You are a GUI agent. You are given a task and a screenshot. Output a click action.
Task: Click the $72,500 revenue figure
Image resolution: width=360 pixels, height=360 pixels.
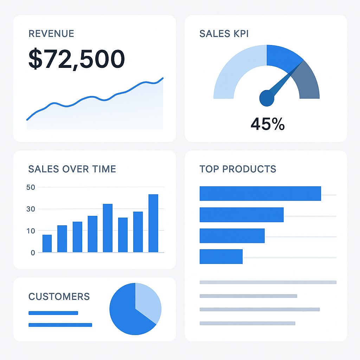(x=76, y=59)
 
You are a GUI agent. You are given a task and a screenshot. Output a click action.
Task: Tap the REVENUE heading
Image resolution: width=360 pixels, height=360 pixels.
(x=51, y=34)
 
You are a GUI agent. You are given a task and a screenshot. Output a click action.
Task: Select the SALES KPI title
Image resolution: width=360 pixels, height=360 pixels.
(x=224, y=34)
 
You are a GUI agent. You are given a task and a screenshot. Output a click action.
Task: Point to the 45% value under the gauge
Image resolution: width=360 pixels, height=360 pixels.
(x=268, y=124)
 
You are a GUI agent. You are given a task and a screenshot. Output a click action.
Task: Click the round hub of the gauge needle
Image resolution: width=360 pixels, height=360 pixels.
(x=267, y=98)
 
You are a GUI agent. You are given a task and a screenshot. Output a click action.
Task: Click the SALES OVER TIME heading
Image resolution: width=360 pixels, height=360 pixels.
(x=72, y=169)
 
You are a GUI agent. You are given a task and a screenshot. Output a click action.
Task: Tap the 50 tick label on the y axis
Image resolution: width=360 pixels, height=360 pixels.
(x=31, y=187)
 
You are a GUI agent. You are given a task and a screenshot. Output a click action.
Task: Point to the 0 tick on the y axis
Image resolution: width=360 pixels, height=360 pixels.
(x=33, y=252)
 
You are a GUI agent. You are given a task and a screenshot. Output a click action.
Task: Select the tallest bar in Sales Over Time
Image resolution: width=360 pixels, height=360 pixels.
(x=153, y=223)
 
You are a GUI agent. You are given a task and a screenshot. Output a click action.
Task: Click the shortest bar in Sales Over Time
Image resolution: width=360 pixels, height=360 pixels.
(x=47, y=243)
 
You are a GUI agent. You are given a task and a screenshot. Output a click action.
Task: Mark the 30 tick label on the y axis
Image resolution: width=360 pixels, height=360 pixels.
(x=31, y=209)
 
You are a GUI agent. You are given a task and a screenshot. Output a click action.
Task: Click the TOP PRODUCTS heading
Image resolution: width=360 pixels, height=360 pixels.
(x=238, y=169)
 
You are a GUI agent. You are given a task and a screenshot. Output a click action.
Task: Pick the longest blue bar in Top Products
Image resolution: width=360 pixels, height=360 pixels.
(x=260, y=193)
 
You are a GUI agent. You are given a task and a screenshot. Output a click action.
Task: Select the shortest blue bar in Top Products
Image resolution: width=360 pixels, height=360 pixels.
(x=221, y=256)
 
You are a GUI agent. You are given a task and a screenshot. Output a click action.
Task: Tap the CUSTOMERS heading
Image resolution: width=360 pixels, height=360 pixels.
(x=59, y=296)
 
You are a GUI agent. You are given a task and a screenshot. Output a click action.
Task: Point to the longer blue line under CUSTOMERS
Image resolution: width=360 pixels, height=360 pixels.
(x=60, y=325)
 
